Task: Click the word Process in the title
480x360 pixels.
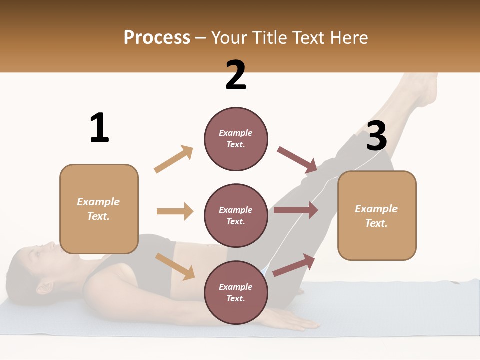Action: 157,38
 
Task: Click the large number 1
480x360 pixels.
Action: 99,128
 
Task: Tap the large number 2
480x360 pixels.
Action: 236,75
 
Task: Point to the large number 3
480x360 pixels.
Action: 376,136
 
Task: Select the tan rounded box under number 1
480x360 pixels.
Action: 99,209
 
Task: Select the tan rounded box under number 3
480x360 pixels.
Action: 377,215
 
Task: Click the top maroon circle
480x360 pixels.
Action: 236,139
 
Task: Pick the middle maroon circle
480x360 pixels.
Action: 236,215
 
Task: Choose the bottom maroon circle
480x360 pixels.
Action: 236,292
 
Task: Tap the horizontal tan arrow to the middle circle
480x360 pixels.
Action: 175,211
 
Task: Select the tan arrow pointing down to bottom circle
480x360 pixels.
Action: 175,266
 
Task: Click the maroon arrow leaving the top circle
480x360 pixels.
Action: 297,159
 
